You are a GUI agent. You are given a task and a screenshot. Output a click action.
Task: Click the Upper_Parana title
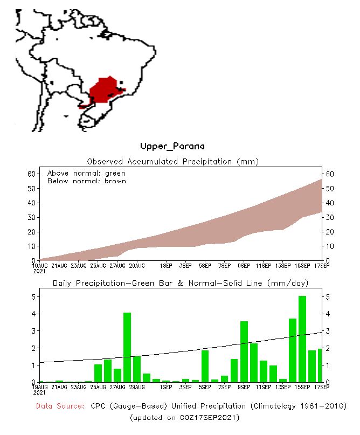pyautogui.click(x=172, y=146)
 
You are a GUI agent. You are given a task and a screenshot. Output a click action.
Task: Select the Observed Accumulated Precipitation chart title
pyautogui.click(x=172, y=161)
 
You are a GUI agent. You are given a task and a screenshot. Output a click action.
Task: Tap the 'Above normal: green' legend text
pyautogui.click(x=86, y=173)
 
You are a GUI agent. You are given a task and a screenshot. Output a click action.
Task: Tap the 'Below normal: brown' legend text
pyautogui.click(x=87, y=181)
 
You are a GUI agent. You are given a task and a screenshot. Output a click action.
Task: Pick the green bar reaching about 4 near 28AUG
pyautogui.click(x=127, y=347)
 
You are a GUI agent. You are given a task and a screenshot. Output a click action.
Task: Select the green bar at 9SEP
pyautogui.click(x=244, y=351)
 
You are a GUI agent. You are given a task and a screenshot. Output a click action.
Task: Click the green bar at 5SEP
pyautogui.click(x=205, y=366)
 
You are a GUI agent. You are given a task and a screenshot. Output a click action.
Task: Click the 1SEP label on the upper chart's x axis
pyautogui.click(x=165, y=266)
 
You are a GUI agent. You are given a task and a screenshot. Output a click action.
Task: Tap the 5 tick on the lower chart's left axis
pyautogui.click(x=33, y=297)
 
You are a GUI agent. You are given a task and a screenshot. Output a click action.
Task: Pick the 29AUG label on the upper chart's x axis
pyautogui.click(x=136, y=266)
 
